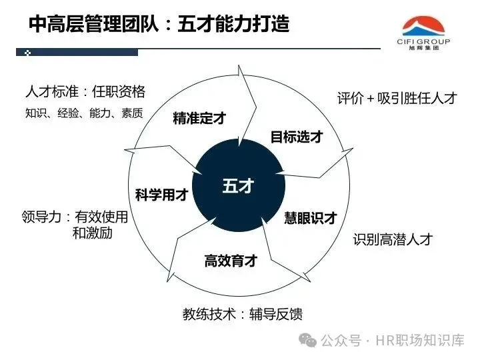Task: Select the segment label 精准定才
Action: [x=199, y=119]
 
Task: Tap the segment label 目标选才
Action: [x=297, y=137]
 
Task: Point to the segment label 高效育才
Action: [x=231, y=261]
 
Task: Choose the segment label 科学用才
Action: [x=161, y=195]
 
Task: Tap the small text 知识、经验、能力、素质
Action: [x=84, y=113]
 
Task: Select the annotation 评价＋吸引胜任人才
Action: [x=397, y=99]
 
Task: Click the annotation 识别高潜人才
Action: [x=393, y=239]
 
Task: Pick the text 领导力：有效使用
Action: [x=75, y=217]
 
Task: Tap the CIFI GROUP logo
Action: [x=426, y=29]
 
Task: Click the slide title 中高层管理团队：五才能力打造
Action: [x=159, y=25]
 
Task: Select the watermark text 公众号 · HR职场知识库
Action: [x=393, y=341]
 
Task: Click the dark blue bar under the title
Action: [x=80, y=52]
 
